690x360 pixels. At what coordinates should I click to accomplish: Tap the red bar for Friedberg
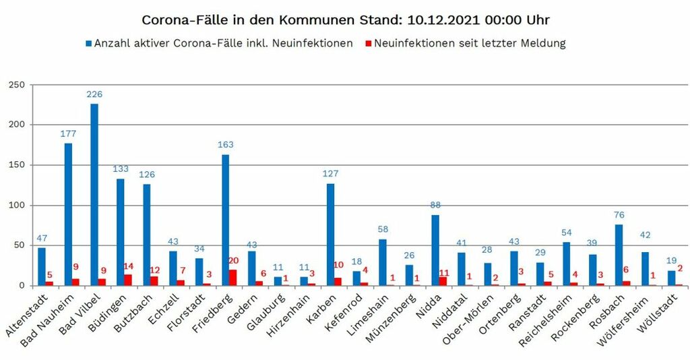233,278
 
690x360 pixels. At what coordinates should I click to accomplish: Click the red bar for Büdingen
129,280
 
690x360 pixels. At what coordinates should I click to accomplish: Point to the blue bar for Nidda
435,250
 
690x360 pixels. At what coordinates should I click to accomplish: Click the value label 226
94,94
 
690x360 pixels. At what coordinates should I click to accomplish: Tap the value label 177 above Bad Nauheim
68,133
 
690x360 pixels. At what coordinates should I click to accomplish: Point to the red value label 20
234,261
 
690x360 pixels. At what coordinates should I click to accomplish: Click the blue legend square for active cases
88,44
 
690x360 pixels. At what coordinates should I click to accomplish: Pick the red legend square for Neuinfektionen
368,44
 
